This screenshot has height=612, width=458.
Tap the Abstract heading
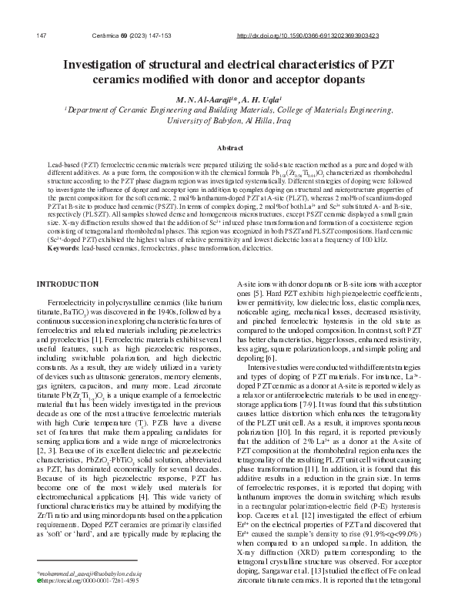[x=229, y=147]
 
